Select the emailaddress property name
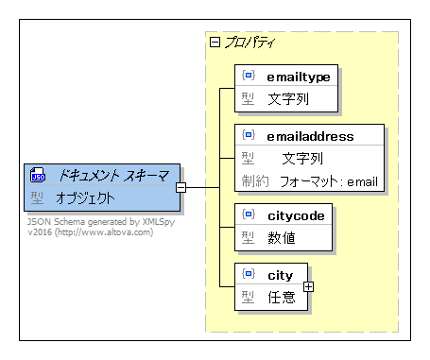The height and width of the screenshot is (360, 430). (311, 136)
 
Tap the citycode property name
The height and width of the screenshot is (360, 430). (297, 215)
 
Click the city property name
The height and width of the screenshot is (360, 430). (281, 275)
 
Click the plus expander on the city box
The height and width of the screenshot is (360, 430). (308, 286)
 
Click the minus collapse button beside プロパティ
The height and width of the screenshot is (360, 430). (215, 42)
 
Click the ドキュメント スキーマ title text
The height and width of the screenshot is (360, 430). (113, 176)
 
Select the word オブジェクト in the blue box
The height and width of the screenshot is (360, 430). (85, 198)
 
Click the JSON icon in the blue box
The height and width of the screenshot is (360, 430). (39, 176)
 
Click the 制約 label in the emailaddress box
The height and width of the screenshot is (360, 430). (255, 180)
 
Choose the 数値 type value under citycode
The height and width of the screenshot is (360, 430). (282, 238)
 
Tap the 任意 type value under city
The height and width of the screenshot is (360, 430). (282, 298)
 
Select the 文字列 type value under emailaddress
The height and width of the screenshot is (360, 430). (302, 158)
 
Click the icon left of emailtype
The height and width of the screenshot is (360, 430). (249, 75)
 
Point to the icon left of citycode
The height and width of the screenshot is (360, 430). (249, 215)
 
